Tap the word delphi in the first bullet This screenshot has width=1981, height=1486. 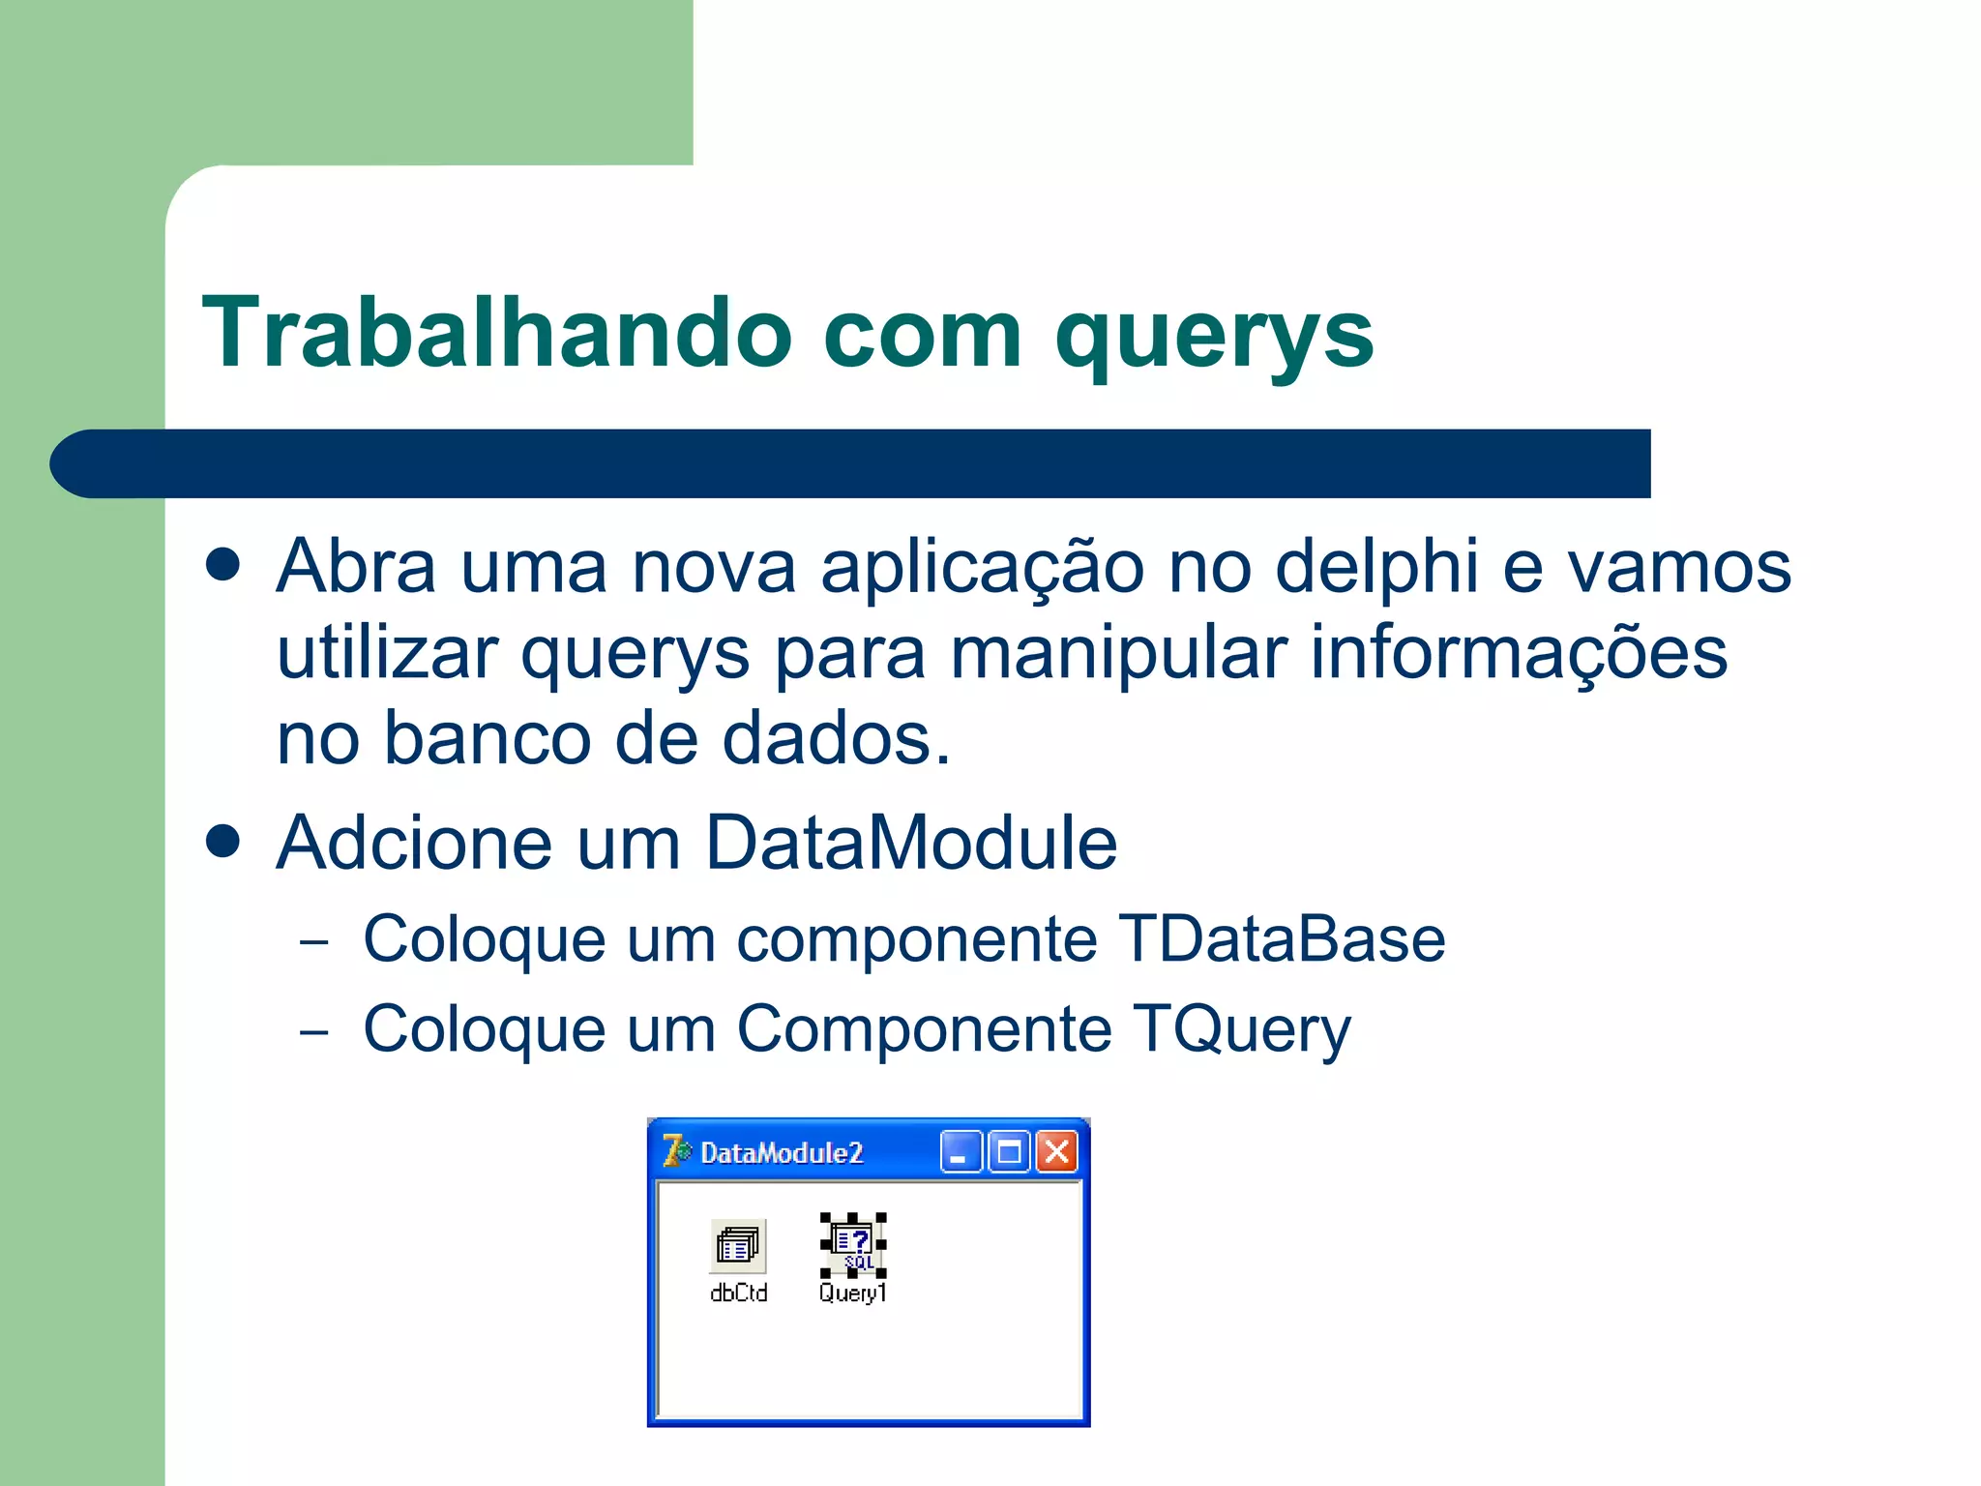tap(1376, 567)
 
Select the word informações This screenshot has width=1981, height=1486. tap(1518, 654)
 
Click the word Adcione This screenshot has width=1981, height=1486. tap(414, 843)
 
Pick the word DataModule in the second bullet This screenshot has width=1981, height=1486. tap(910, 843)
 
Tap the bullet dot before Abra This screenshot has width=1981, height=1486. tap(223, 565)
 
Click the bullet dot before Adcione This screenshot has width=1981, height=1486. tap(223, 841)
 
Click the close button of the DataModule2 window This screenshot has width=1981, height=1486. tap(1057, 1152)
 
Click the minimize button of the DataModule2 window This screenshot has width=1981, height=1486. tap(961, 1152)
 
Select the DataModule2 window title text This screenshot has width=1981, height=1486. tap(782, 1153)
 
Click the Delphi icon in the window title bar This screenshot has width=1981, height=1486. tap(676, 1151)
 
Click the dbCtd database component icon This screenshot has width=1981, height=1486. tap(738, 1245)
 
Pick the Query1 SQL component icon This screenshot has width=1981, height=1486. tap(852, 1244)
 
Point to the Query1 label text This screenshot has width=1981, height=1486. tap(852, 1293)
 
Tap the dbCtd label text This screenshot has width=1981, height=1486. tap(738, 1293)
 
